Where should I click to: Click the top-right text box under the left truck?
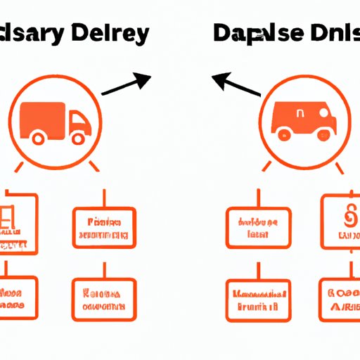(104, 229)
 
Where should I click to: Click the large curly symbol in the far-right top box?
(345, 219)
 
